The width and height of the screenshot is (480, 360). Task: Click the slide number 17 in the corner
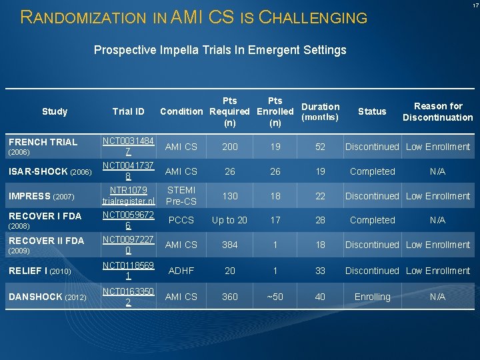pyautogui.click(x=475, y=6)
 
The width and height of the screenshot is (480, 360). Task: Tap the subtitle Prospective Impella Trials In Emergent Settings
pyautogui.click(x=220, y=50)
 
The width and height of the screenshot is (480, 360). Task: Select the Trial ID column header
pyautogui.click(x=129, y=111)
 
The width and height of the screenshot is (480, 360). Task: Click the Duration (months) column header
pyautogui.click(x=320, y=111)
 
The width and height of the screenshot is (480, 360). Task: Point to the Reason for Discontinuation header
pyautogui.click(x=437, y=111)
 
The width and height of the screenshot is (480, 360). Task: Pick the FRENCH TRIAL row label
pyautogui.click(x=43, y=142)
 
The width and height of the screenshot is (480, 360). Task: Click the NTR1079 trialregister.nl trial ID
pyautogui.click(x=129, y=195)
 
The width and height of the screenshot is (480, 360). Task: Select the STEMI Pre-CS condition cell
pyautogui.click(x=181, y=195)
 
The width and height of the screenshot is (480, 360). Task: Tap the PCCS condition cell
pyautogui.click(x=181, y=220)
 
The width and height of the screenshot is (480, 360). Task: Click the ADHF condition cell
pyautogui.click(x=181, y=271)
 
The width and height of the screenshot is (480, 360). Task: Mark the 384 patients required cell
pyautogui.click(x=229, y=245)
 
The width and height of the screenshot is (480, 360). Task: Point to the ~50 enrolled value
pyautogui.click(x=275, y=297)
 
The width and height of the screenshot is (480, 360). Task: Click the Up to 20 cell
pyautogui.click(x=229, y=220)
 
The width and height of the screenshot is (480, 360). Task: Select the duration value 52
pyautogui.click(x=320, y=147)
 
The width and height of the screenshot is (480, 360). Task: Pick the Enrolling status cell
pyautogui.click(x=372, y=297)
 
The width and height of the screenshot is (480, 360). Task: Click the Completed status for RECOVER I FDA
pyautogui.click(x=372, y=220)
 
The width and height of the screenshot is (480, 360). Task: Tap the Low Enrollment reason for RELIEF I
pyautogui.click(x=437, y=271)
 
